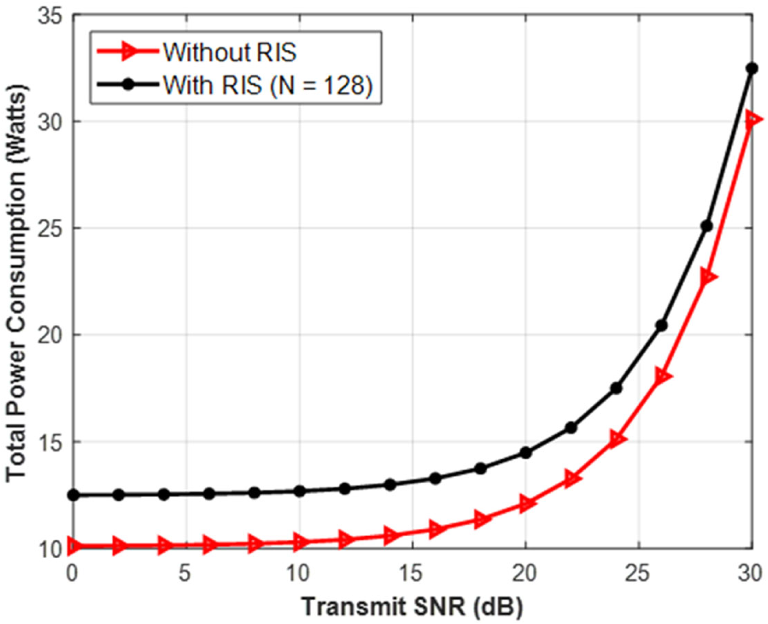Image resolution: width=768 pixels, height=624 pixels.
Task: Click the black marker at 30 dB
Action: coord(752,68)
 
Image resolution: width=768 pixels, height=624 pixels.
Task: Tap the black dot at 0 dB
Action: coord(73,495)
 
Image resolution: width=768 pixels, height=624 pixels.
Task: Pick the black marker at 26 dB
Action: coord(661,325)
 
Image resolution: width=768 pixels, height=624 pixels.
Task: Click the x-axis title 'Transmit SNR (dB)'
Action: coord(412,608)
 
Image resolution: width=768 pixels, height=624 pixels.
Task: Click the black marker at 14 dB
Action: coord(390,485)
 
